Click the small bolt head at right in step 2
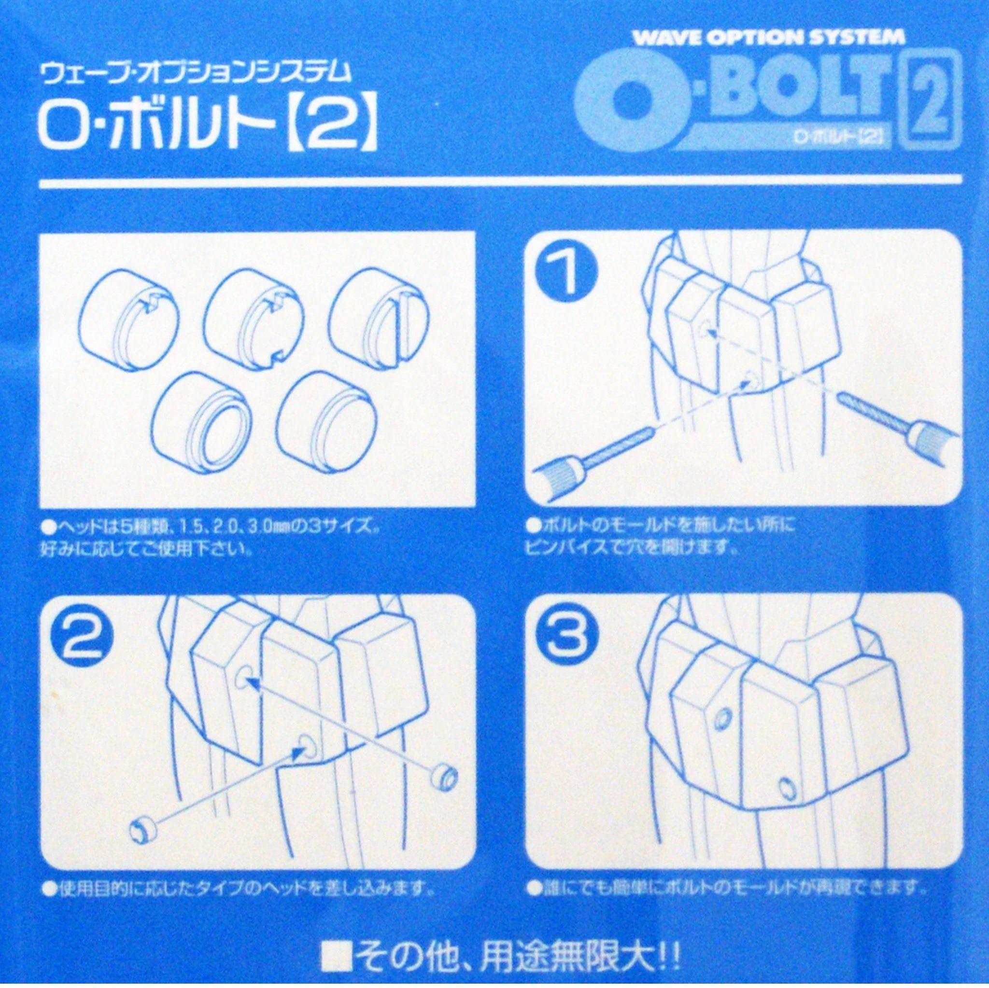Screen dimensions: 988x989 444,776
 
